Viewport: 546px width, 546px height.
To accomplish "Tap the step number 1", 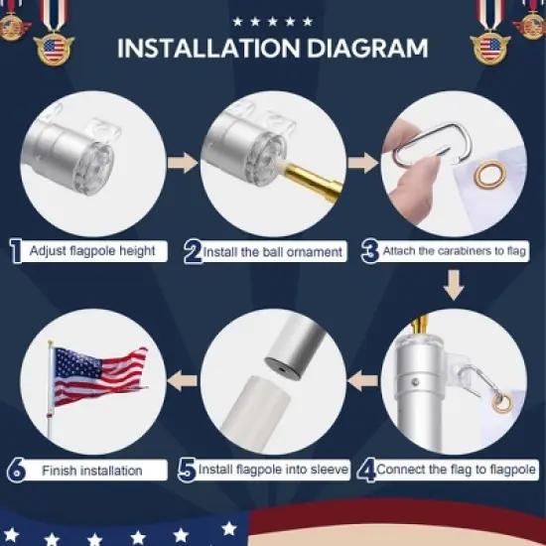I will (x=16, y=252).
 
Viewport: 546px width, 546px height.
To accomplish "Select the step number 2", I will (x=193, y=252).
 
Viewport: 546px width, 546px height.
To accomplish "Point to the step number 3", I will (x=368, y=252).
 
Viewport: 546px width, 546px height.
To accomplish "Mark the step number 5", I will (x=187, y=469).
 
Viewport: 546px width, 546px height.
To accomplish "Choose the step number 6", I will (x=16, y=470).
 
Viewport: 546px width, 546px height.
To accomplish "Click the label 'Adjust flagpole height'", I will (x=91, y=252).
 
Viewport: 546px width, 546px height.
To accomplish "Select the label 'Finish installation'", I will (x=91, y=470).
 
